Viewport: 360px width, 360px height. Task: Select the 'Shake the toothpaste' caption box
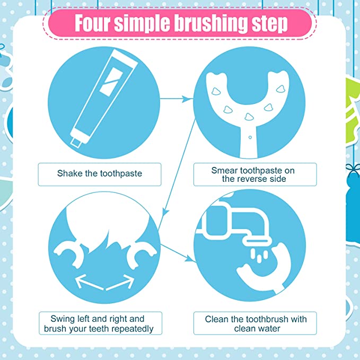100,174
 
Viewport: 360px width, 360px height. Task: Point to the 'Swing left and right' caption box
100,323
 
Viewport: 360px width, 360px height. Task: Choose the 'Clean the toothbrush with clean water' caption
255,323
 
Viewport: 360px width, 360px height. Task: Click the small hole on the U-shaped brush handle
250,137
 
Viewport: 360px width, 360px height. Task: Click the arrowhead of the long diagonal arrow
165,212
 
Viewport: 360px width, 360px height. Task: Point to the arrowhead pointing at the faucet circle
190,259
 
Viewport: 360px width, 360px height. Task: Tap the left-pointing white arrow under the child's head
89,282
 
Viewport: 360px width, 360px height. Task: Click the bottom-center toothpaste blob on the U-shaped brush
249,117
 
